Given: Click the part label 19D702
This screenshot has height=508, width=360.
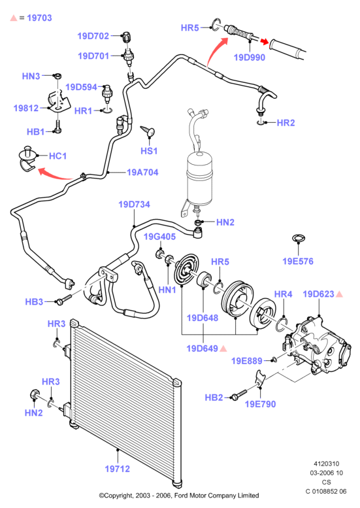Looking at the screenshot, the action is tap(93, 36).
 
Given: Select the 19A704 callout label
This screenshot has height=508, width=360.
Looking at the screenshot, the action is tap(142, 172).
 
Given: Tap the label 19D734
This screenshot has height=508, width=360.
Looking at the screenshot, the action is tap(134, 205).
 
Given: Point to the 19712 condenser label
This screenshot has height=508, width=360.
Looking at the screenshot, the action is tap(117, 469).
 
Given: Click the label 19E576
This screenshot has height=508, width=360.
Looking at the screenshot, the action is tap(298, 261).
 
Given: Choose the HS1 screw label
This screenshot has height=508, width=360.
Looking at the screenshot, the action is tap(149, 150).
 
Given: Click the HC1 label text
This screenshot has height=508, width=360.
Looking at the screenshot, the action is tap(57, 156).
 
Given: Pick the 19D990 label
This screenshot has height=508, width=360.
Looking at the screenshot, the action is tap(250, 58).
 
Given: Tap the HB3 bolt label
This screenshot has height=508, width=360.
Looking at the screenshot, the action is tap(34, 301).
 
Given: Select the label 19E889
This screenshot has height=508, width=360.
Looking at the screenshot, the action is tap(247, 361).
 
